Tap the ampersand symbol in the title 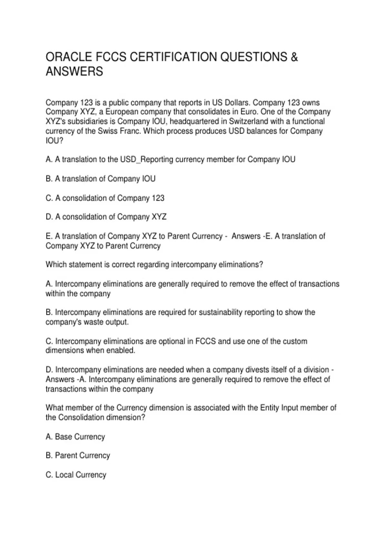point(294,57)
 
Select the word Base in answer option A point(64,437)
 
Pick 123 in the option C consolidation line point(158,198)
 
